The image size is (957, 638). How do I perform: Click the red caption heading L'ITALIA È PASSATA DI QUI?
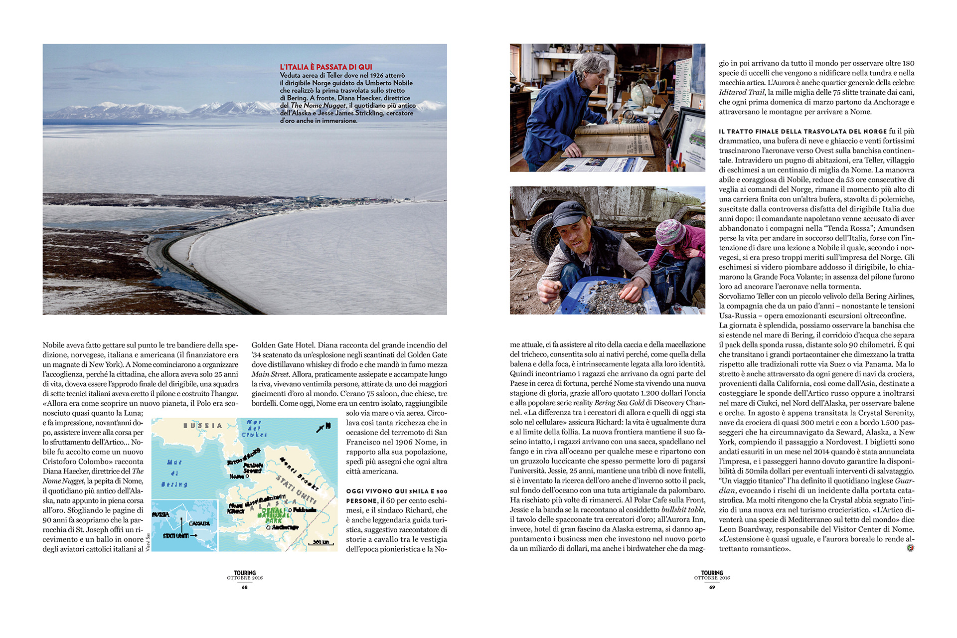pos(326,67)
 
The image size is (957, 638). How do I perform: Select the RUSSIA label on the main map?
pos(203,426)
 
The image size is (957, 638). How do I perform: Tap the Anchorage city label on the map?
pos(285,527)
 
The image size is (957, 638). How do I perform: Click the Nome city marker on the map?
pos(247,477)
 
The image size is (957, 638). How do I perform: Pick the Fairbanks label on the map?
pos(304,510)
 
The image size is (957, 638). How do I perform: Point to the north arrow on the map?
pos(323,427)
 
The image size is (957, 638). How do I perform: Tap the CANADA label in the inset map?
pos(199,523)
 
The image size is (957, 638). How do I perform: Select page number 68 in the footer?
pos(245,587)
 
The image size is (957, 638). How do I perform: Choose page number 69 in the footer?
pos(712,587)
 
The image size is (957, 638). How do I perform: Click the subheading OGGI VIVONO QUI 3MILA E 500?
pos(397,491)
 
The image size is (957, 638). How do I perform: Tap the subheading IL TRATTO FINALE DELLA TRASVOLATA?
pos(802,132)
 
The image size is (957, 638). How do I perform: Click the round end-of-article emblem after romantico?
pos(910,548)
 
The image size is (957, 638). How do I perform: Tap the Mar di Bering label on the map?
pos(174,473)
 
